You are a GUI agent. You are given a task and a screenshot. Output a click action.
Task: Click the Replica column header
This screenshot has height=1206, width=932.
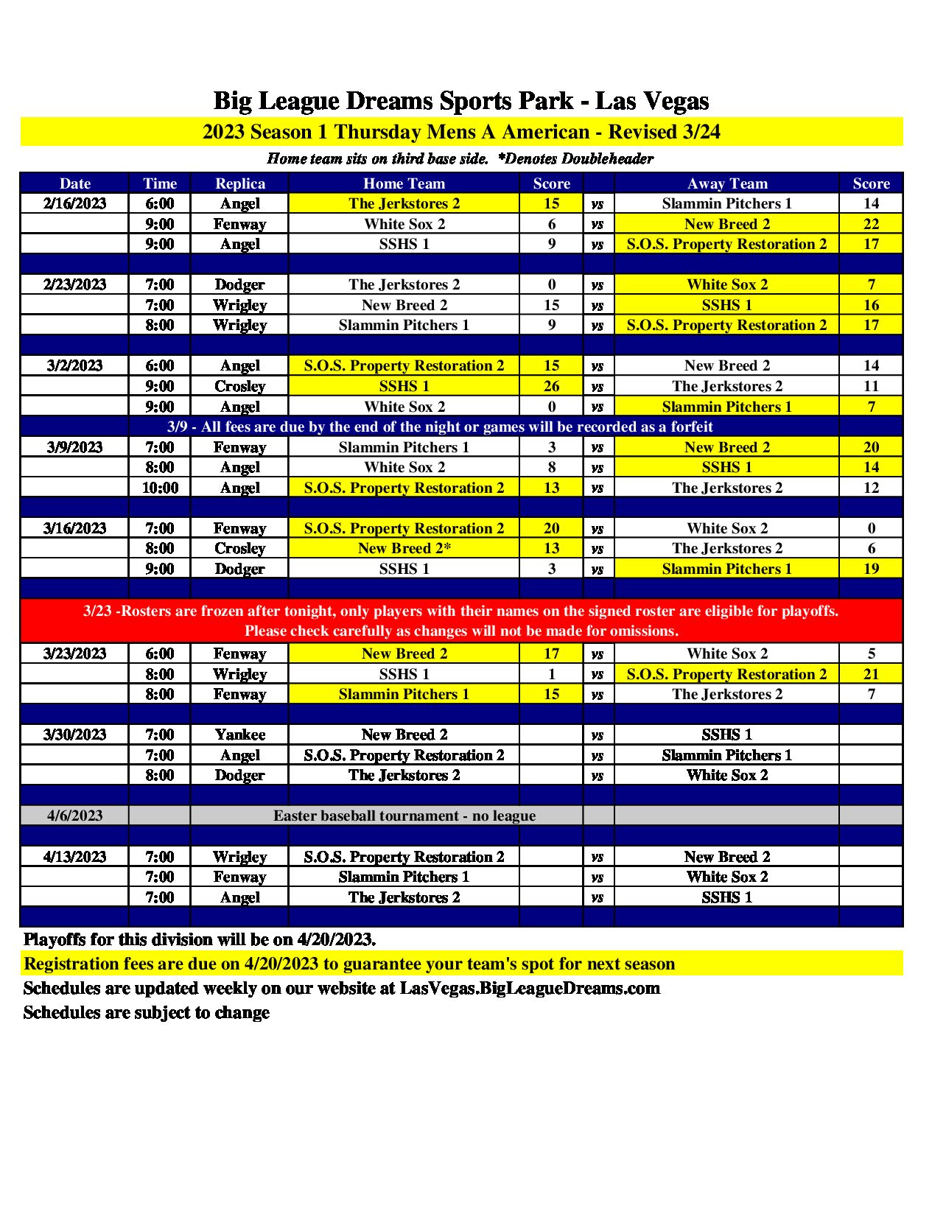[x=240, y=183]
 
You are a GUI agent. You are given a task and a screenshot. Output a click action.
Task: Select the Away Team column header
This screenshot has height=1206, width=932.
[x=727, y=183]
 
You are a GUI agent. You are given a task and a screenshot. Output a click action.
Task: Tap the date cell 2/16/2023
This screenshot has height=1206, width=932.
[x=74, y=203]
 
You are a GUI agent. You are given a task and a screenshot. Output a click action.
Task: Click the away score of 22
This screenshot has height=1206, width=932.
[x=871, y=224]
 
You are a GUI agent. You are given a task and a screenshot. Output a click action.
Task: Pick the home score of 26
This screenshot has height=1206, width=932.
[x=551, y=386]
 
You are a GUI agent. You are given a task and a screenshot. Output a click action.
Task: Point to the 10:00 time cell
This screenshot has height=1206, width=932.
[x=160, y=488]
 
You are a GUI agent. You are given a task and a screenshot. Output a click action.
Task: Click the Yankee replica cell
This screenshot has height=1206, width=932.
[x=240, y=735]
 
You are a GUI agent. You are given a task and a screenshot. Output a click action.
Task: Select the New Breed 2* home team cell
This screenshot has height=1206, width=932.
[x=404, y=548]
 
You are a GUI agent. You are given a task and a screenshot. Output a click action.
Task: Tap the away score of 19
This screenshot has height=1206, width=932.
[x=871, y=569]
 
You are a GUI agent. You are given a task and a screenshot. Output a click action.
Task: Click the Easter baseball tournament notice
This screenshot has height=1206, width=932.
[x=404, y=816]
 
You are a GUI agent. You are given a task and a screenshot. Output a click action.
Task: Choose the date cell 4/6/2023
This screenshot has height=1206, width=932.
[x=74, y=816]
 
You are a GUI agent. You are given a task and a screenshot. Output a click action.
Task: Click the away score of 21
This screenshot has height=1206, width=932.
[x=871, y=674]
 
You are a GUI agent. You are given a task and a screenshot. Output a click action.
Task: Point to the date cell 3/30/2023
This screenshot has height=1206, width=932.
[x=74, y=735]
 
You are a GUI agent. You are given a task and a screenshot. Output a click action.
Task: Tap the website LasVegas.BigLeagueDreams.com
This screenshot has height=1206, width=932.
[x=530, y=988]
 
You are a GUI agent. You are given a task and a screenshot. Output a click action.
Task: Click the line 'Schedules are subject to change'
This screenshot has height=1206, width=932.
[x=147, y=1012]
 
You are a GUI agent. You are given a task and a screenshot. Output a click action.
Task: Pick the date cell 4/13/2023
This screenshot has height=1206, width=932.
[x=74, y=857]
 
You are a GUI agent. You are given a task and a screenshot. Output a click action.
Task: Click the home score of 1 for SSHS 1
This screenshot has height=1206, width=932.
[x=551, y=674]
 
